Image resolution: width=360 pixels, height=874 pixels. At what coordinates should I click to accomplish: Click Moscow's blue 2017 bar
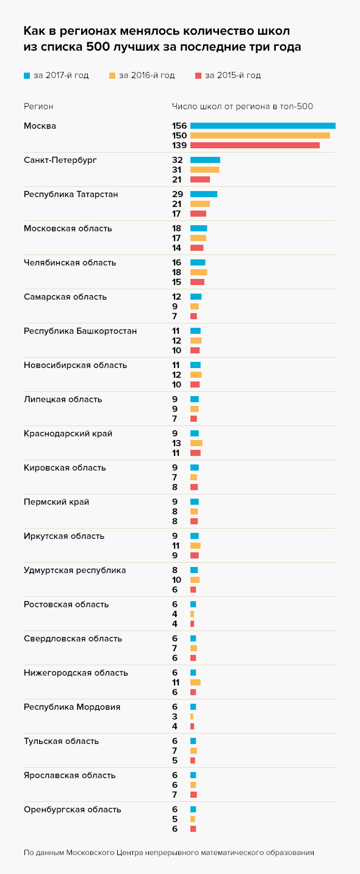click(263, 126)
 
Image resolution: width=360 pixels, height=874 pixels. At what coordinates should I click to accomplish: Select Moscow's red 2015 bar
click(255, 145)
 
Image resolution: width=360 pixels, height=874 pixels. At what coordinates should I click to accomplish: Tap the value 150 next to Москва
click(179, 135)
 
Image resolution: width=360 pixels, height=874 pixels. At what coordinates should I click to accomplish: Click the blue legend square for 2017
click(27, 75)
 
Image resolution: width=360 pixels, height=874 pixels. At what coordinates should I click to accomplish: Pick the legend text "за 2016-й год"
click(146, 75)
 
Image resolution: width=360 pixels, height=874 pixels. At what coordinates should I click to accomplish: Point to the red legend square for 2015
click(198, 75)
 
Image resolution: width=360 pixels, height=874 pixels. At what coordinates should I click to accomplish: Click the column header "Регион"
click(38, 107)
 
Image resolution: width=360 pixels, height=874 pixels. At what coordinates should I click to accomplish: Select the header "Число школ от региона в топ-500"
click(243, 107)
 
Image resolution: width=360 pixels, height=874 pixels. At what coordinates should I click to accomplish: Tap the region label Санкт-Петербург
click(60, 160)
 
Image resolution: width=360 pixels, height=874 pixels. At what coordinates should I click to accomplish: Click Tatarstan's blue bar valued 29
click(204, 194)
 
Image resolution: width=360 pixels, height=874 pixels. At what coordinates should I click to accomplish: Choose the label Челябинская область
click(70, 262)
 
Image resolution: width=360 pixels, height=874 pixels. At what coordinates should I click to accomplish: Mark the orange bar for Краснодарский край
click(196, 443)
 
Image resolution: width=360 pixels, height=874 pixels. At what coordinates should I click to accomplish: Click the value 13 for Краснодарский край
click(176, 443)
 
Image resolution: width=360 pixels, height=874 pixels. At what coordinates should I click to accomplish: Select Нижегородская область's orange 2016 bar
click(195, 682)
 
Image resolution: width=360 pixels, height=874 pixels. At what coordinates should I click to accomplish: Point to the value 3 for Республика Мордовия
click(175, 717)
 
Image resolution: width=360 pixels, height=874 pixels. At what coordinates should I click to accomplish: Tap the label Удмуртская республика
click(75, 571)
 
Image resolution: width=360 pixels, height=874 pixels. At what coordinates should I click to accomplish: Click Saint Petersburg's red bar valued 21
click(200, 179)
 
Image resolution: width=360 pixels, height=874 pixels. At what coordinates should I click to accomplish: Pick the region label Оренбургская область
click(73, 810)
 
